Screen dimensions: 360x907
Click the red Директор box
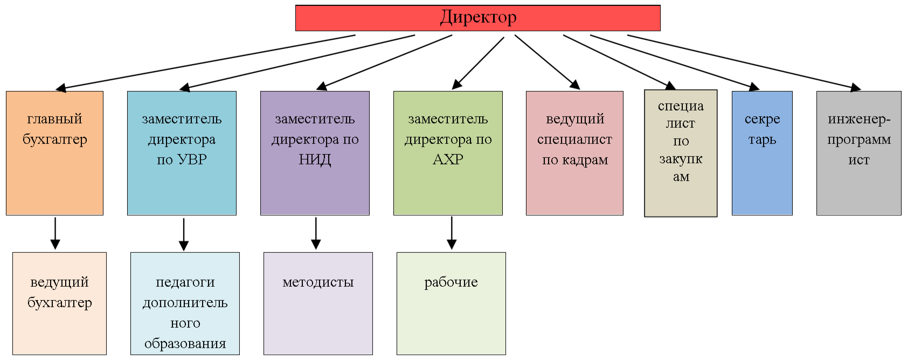(477, 18)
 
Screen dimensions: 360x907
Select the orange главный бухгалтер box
(54, 153)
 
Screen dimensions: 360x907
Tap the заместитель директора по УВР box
(182, 153)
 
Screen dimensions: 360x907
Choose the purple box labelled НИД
(315, 153)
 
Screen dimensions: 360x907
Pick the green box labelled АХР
(448, 153)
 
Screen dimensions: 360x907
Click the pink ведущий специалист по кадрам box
(574, 153)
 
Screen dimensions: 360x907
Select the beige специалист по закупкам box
(681, 153)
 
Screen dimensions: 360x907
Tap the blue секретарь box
(762, 153)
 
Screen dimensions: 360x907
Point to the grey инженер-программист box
(858, 153)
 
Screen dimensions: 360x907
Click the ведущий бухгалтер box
(59, 303)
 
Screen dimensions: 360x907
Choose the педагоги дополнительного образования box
(185, 303)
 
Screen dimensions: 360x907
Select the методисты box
(318, 303)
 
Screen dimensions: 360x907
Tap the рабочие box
(451, 303)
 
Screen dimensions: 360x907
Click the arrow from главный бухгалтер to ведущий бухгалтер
(55, 233)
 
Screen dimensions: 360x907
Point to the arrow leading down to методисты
(316, 233)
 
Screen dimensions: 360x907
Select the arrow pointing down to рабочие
(452, 233)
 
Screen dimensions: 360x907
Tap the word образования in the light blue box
(185, 343)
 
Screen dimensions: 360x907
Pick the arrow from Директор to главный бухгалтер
(205, 62)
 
